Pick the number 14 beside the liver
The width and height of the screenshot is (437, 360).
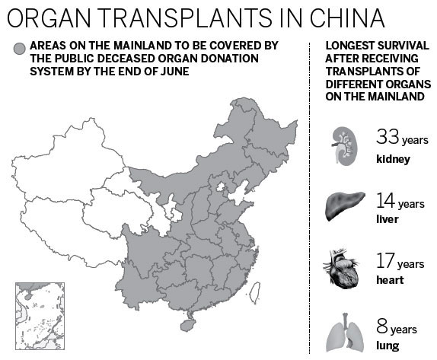pos(387,200)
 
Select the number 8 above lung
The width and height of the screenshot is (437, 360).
pos(384,327)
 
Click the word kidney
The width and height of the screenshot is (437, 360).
pos(393,159)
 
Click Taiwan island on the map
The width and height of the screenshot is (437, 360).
pos(257,288)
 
